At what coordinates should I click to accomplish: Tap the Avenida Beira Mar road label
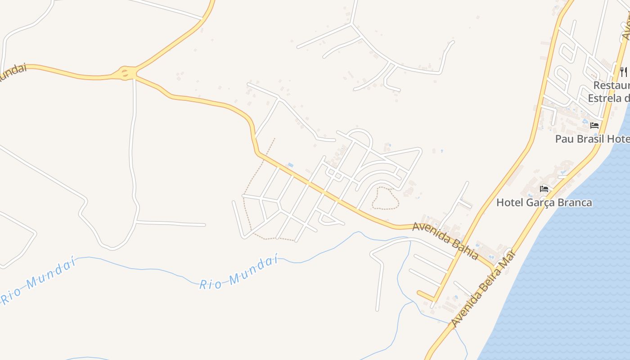pyautogui.click(x=483, y=288)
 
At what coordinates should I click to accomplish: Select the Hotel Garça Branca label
pyautogui.click(x=544, y=202)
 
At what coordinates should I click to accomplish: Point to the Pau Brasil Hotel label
pyautogui.click(x=592, y=139)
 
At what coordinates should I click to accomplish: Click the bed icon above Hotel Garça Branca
pyautogui.click(x=544, y=189)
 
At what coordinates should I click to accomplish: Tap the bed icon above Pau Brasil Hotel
pyautogui.click(x=594, y=125)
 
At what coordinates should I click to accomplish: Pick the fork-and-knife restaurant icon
pyautogui.click(x=624, y=71)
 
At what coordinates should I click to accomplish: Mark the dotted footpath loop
pyautogui.click(x=385, y=198)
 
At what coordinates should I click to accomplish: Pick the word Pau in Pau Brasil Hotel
pyautogui.click(x=563, y=139)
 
